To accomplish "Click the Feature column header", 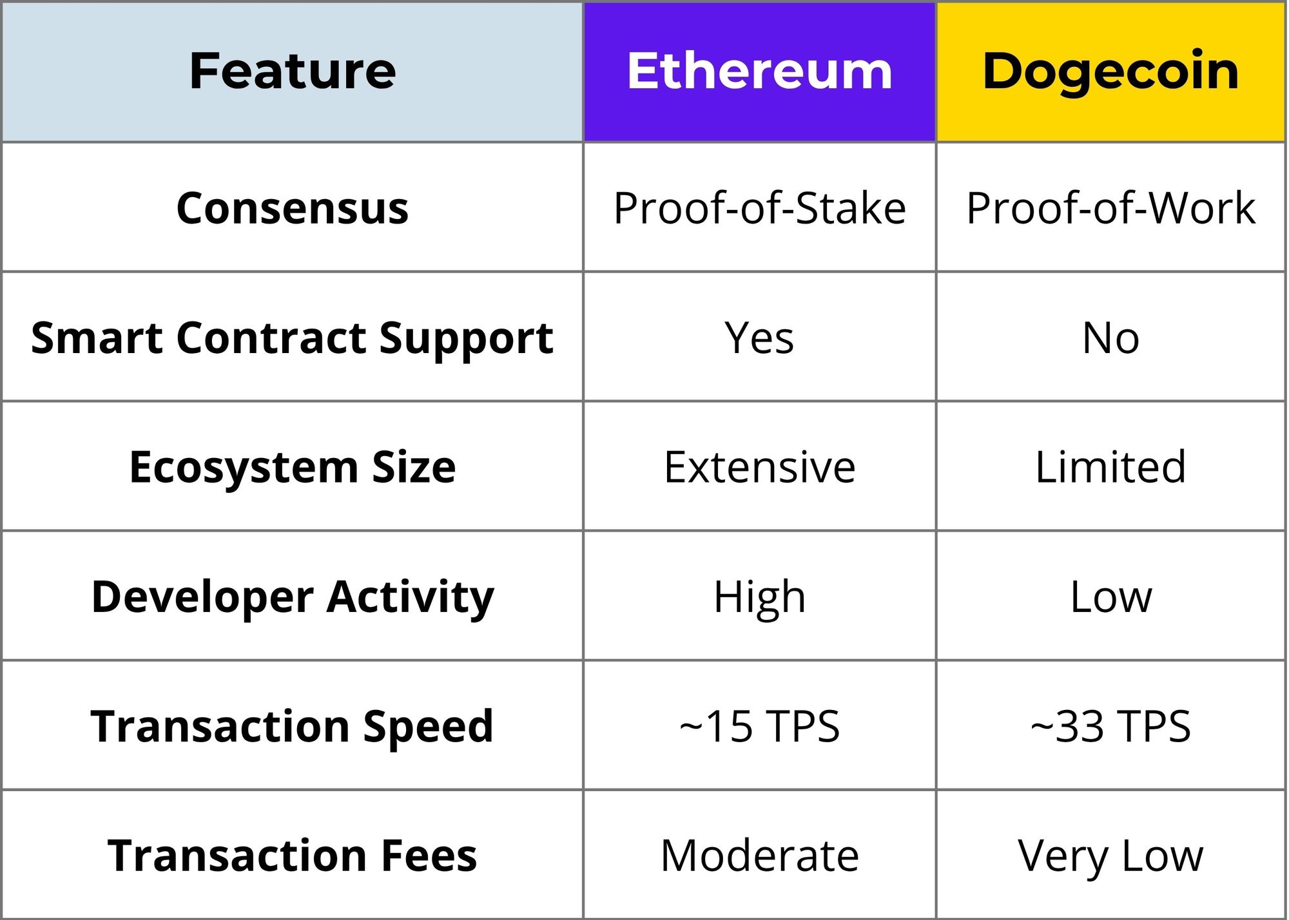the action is coord(293,71).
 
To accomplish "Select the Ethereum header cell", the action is coord(760,71).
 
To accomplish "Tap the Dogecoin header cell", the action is coord(1110,71).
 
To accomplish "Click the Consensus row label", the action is coord(293,208).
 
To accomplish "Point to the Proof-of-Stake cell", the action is coord(760,208).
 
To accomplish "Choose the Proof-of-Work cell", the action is coord(1110,208).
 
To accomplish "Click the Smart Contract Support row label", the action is coord(293,338).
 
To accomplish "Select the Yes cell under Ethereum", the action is coord(760,338).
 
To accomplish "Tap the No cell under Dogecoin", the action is coord(1110,338).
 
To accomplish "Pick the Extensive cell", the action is coord(760,467).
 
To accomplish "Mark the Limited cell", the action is coord(1110,466).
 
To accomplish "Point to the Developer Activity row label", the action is coord(293,597).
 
